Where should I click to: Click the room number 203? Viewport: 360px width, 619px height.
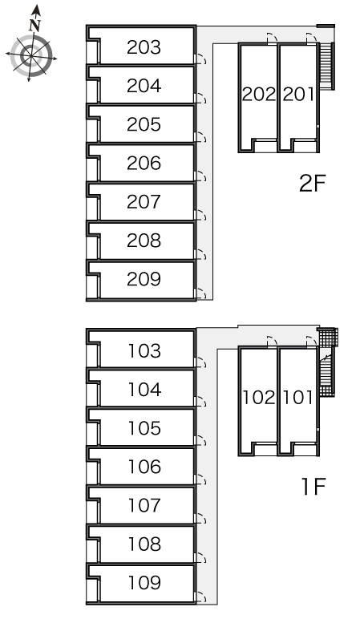144,47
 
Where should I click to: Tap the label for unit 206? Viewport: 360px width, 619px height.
144,163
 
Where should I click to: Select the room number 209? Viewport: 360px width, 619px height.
144,279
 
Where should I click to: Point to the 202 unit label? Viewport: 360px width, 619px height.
258,95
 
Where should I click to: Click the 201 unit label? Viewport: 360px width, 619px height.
299,95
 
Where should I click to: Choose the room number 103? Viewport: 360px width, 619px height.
144,351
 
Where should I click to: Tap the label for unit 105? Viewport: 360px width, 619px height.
144,428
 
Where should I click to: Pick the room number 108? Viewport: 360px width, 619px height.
144,544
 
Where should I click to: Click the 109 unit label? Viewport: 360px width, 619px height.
144,583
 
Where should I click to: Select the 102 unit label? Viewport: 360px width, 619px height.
258,398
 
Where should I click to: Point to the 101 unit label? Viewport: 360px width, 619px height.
299,398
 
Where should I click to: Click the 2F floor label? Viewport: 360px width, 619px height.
312,183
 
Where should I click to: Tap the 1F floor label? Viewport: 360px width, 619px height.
313,486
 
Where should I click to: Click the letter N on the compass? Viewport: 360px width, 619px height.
35,26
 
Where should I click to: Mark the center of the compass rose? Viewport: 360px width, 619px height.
31,55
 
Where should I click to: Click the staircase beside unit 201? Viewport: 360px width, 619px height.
326,66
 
